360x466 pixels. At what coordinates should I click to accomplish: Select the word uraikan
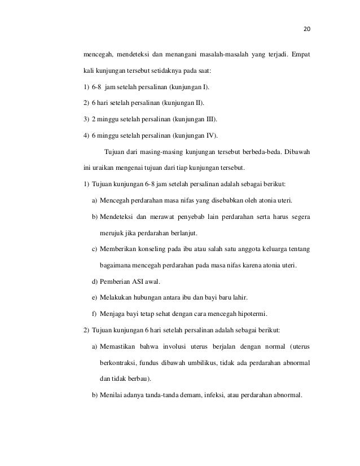(108, 168)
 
